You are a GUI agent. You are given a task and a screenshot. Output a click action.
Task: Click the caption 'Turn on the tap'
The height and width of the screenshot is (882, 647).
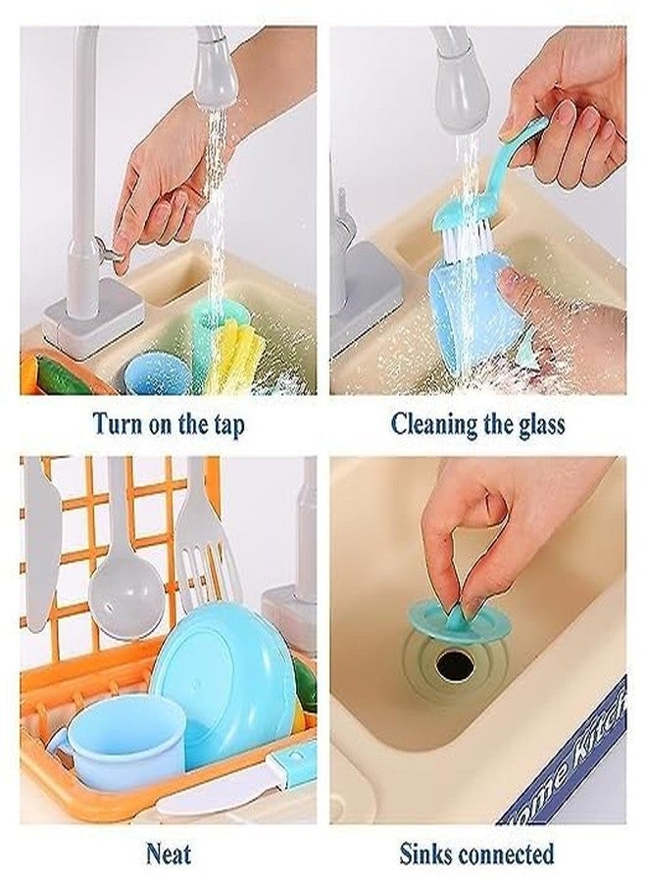(x=169, y=424)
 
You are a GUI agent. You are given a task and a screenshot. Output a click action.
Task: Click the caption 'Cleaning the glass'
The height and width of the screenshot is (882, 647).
(x=477, y=424)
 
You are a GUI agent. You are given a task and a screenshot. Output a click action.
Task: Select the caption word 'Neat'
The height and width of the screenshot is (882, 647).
(x=169, y=852)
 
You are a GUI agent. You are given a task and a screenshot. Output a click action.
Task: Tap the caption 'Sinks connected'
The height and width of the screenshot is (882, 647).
(x=476, y=852)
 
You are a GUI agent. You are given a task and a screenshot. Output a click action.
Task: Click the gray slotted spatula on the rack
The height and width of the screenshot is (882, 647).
(x=202, y=549)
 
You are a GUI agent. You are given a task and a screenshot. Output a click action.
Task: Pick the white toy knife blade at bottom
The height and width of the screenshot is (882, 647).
(x=211, y=799)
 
